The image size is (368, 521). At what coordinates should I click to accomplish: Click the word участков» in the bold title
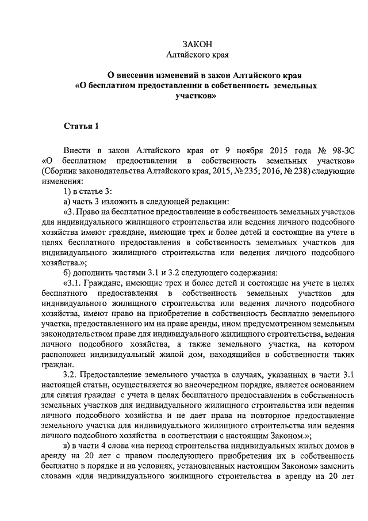pyautogui.click(x=196, y=96)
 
